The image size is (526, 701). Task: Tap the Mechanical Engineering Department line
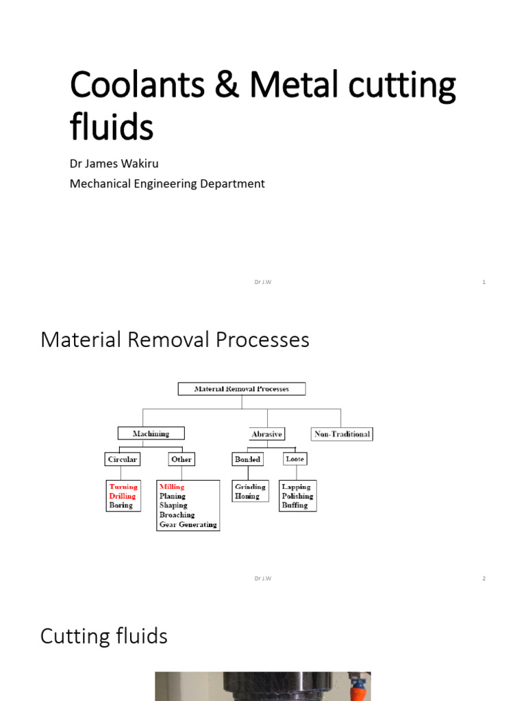(x=167, y=183)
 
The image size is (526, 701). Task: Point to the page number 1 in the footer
(x=484, y=282)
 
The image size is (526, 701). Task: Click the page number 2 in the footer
(x=484, y=578)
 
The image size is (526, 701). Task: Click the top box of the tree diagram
(x=241, y=389)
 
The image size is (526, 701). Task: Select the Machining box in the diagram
(x=151, y=433)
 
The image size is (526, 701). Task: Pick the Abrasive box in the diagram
(x=266, y=434)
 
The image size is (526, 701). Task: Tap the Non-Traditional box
(x=342, y=434)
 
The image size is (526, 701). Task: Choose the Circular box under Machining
(x=123, y=459)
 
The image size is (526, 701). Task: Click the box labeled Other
(x=181, y=459)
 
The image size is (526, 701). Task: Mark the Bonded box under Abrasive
(x=247, y=459)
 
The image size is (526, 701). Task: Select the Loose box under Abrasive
(x=295, y=459)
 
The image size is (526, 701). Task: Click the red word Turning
(x=123, y=487)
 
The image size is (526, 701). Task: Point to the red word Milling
(x=172, y=487)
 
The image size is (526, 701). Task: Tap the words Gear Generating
(x=188, y=524)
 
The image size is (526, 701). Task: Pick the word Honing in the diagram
(x=247, y=496)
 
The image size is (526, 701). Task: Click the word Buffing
(x=295, y=505)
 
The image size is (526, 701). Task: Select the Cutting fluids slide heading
(x=104, y=636)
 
